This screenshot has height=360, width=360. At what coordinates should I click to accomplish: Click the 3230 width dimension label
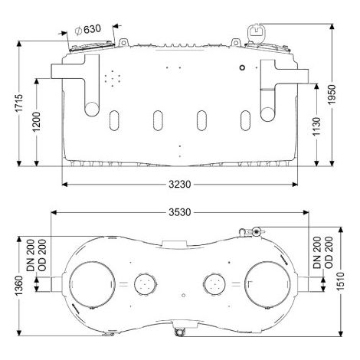coord(180,184)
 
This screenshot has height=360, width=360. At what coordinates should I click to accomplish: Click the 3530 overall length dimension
coord(180,212)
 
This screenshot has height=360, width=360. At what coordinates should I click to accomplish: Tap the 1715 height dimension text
coord(19,103)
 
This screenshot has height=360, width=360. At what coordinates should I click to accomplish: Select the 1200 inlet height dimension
coord(37,122)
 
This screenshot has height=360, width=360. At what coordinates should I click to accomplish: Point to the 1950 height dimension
coord(332,94)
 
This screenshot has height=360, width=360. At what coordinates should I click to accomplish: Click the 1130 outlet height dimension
coord(316,126)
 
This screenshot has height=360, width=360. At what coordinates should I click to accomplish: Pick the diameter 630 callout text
coord(88,30)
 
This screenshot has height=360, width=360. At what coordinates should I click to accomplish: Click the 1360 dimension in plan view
coord(19,286)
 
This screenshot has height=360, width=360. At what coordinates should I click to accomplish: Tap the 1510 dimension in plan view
coord(340,282)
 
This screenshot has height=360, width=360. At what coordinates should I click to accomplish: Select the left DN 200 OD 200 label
coord(37,255)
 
